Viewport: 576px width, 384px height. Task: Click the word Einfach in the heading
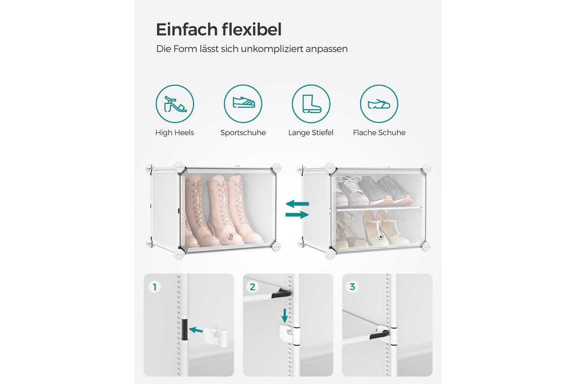tap(187, 30)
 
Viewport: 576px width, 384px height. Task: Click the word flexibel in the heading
tap(252, 30)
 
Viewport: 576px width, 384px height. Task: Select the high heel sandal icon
tap(175, 104)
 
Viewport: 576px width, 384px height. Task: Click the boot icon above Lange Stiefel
tap(311, 104)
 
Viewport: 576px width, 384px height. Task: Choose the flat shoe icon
tap(379, 104)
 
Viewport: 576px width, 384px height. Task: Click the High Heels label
tap(175, 133)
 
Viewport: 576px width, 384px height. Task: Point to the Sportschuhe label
tap(243, 133)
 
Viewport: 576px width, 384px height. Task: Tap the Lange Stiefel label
tap(311, 133)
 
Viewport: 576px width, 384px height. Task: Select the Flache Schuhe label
tap(379, 133)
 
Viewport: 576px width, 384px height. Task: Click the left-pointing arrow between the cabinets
tap(297, 204)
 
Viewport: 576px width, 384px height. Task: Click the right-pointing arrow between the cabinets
tap(297, 215)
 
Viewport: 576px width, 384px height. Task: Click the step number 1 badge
tap(154, 287)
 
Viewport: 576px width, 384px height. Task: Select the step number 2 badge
tap(252, 287)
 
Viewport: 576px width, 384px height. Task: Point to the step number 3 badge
tap(352, 286)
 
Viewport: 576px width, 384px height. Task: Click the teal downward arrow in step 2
tap(285, 316)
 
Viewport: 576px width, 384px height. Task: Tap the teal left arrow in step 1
tap(196, 330)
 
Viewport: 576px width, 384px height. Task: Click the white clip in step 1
tap(216, 336)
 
